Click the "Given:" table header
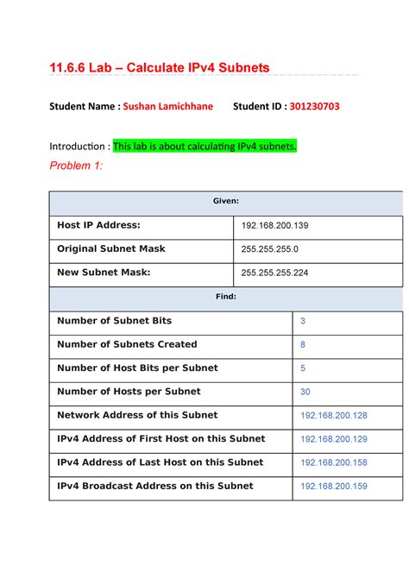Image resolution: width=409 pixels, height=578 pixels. point(226,201)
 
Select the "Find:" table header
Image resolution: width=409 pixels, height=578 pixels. point(226,297)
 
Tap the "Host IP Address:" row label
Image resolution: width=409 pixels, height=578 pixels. point(98,225)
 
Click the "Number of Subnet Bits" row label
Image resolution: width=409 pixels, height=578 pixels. point(114,321)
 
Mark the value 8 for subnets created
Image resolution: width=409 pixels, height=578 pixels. point(303,344)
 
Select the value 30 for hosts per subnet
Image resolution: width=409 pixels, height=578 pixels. point(305,392)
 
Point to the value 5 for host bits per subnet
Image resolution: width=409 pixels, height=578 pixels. point(303,368)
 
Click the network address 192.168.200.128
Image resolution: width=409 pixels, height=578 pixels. point(333,416)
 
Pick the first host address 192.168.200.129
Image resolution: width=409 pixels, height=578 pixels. point(333,439)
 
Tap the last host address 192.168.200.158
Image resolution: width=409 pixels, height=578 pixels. point(333,462)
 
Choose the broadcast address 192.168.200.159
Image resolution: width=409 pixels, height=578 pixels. point(333,487)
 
